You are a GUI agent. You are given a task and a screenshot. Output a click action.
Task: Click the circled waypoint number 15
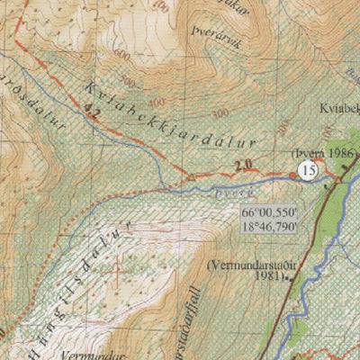[310, 169]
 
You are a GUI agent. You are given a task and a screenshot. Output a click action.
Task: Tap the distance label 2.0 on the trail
[240, 166]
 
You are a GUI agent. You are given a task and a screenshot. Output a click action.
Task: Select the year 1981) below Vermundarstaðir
[266, 279]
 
